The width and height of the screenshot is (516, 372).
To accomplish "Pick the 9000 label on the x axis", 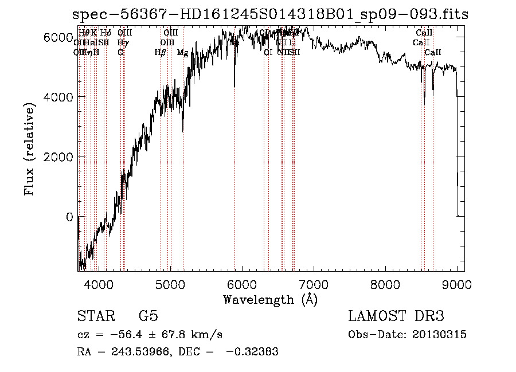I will (457, 284).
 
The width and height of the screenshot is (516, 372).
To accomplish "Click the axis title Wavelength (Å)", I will (270, 299).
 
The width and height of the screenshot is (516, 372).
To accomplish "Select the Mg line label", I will (182, 53).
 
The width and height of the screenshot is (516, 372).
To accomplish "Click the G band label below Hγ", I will (120, 52).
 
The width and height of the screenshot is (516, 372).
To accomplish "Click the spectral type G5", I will (148, 316).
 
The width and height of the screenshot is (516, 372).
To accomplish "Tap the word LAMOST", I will (373, 316).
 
